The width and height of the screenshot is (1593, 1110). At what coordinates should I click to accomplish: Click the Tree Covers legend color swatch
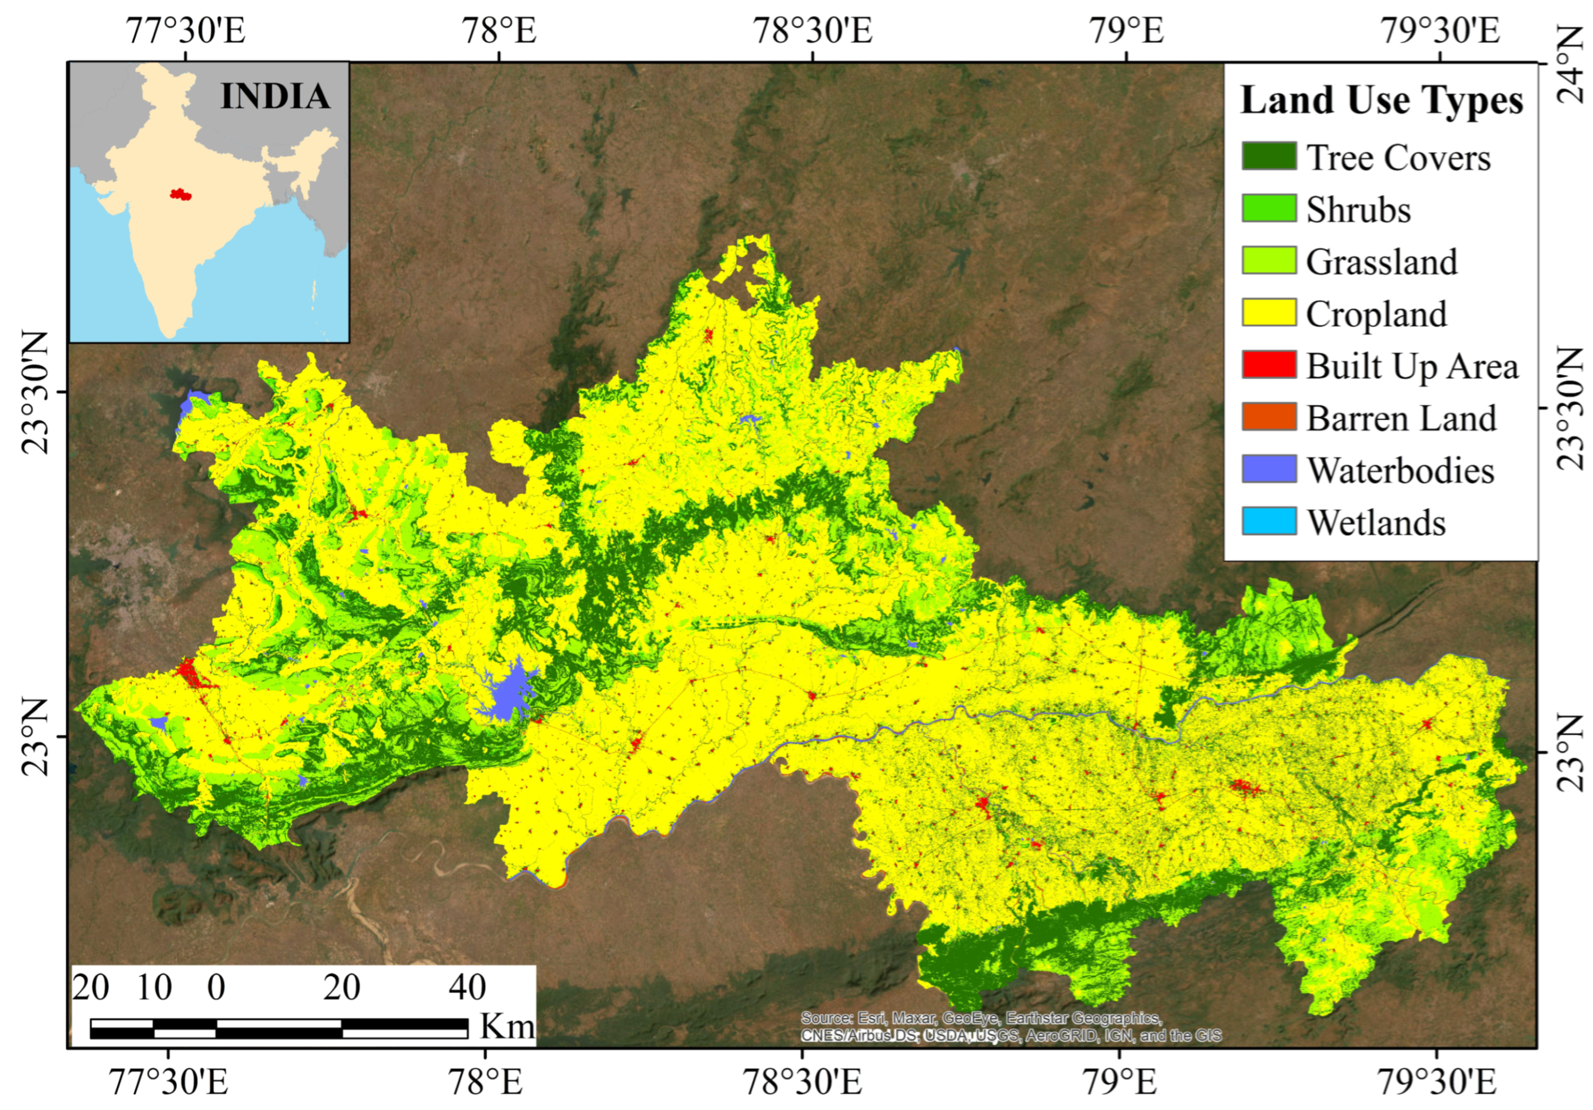coord(1268,156)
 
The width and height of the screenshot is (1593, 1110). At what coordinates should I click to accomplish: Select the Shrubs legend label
coord(1358,210)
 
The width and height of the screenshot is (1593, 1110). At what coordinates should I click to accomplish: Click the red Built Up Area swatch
coord(1268,365)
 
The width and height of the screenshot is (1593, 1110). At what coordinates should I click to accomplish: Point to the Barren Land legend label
coord(1401,418)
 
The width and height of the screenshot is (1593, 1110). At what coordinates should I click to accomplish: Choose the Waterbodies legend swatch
coord(1268,469)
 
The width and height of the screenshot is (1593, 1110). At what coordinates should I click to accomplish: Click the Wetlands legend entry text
coord(1376,523)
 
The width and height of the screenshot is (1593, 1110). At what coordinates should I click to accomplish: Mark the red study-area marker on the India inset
coord(179,194)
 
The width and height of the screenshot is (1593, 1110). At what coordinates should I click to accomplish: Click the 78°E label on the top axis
coord(499,31)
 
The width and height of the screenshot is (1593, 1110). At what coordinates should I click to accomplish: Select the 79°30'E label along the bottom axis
coord(1436,1082)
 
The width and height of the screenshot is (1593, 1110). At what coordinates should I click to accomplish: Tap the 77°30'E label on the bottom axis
coord(169,1082)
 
